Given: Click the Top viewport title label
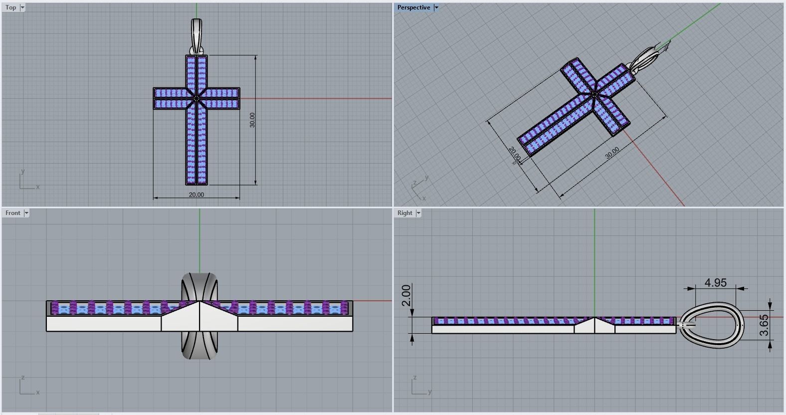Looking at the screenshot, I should tap(10, 7).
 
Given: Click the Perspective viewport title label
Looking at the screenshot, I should tap(413, 7).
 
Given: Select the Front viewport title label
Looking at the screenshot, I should tap(12, 213).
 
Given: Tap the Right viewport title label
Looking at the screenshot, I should tap(404, 213).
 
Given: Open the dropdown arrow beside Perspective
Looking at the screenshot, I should tap(436, 7).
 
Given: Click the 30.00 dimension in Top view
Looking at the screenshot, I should tap(252, 120).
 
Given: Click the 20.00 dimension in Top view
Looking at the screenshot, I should tap(196, 195).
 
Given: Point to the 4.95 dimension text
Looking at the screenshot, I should tap(715, 283).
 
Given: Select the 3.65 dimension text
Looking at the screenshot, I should tap(764, 325).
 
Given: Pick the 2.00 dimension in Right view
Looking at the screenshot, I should tap(406, 295).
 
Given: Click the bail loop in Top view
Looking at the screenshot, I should tap(196, 36).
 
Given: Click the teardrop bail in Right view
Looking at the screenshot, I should tap(712, 324).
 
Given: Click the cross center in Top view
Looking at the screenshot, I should tap(196, 99).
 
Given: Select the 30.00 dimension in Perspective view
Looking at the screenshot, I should tap(612, 153).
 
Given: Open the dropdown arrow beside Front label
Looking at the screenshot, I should tap(26, 213).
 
